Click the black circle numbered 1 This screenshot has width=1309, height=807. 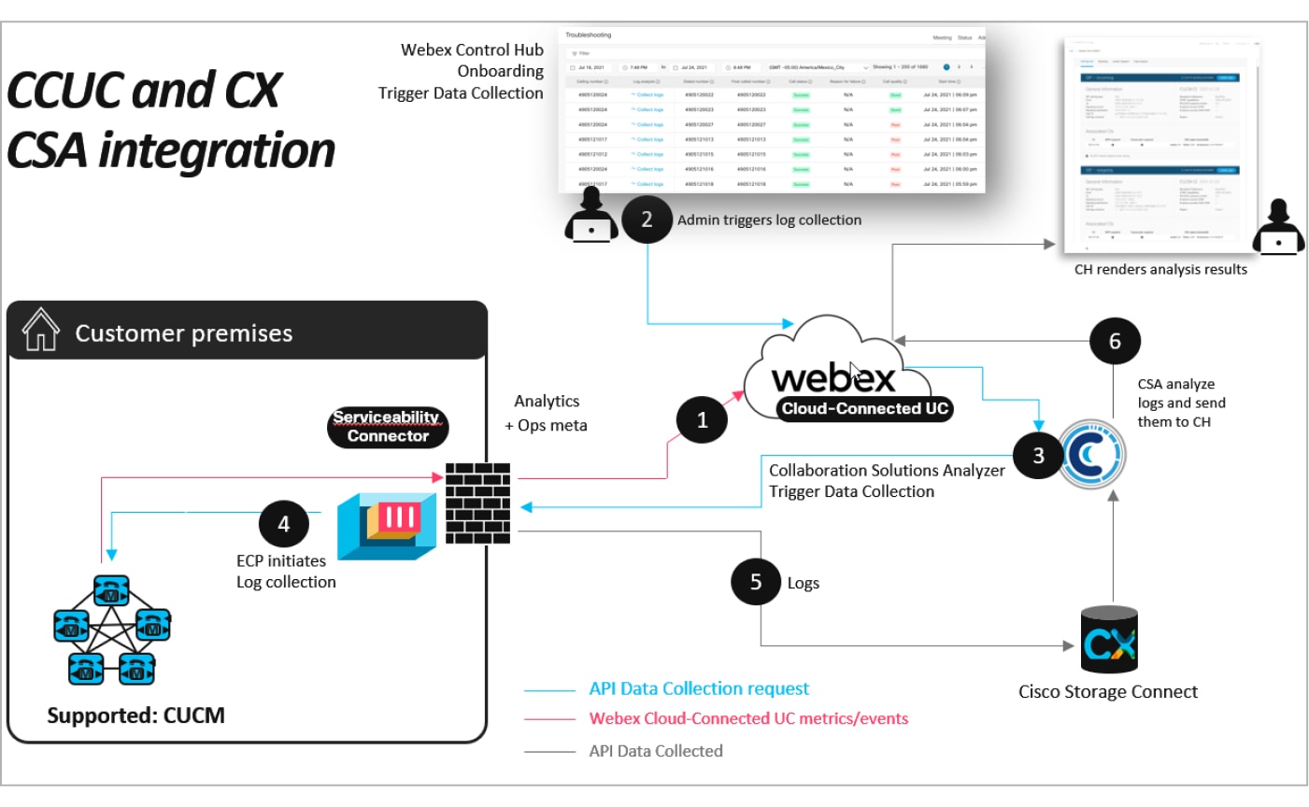click(703, 420)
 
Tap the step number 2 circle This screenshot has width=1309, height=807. click(647, 219)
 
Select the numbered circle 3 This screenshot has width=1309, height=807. click(1038, 455)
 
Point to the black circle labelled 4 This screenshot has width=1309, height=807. click(284, 524)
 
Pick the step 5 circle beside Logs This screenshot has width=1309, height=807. click(756, 582)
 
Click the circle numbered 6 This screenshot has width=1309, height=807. click(1115, 342)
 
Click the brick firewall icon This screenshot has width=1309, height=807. click(478, 503)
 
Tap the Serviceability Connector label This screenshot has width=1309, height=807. click(388, 427)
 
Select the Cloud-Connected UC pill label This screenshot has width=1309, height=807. click(865, 408)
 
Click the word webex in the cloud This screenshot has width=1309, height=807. click(832, 378)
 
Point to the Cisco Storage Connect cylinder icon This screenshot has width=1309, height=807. click(1109, 639)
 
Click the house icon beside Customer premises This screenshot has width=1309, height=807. click(40, 331)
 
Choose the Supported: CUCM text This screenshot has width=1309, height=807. click(136, 715)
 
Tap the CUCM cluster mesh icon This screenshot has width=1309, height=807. click(112, 630)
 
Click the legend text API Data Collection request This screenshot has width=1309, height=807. click(699, 689)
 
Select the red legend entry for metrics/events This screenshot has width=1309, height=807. click(748, 719)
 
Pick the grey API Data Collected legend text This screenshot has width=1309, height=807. click(656, 751)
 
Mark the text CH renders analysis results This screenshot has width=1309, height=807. click(1160, 269)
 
